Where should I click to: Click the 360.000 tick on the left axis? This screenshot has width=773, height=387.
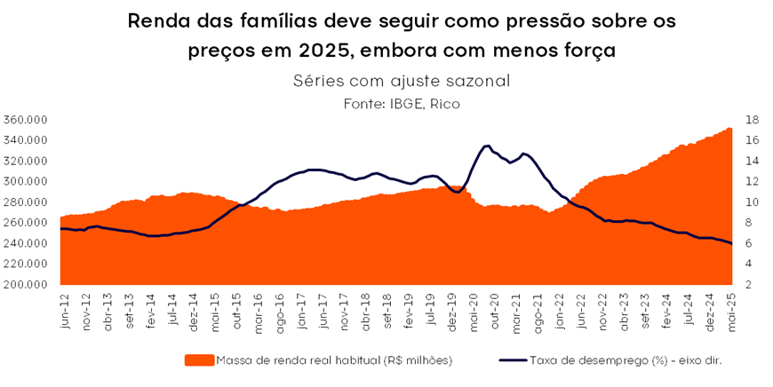[26, 120]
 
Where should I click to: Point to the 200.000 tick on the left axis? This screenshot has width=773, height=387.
[26, 285]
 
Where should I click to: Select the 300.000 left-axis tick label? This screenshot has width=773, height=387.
[26, 181]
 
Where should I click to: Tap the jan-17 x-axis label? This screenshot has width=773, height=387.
[302, 311]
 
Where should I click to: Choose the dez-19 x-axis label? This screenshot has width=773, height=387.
[450, 311]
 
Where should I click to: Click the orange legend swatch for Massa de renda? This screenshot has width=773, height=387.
[199, 360]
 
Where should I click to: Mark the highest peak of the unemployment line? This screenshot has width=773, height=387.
[487, 146]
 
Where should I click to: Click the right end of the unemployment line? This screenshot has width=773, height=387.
[731, 244]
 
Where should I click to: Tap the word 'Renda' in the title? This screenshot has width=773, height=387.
[161, 20]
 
